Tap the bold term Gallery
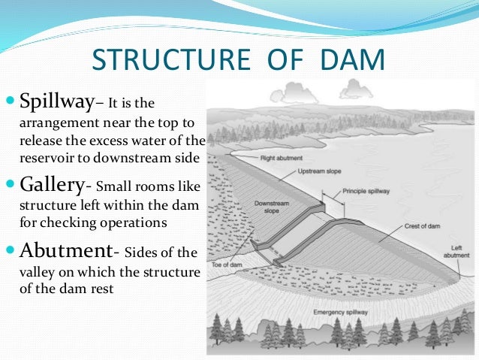pos(52,185)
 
